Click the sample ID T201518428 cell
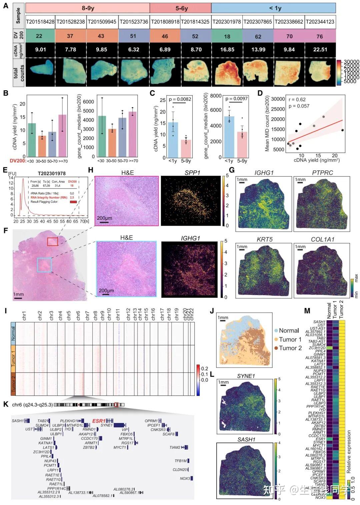coord(40,22)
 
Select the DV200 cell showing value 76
coord(320,36)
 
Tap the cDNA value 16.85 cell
coord(227,49)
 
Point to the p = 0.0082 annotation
coord(180,99)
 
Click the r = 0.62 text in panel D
coord(297,99)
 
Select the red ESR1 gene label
coord(99,421)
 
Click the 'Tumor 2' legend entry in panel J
coord(290,348)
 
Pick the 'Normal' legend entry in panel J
coord(288,330)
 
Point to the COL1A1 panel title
coord(322,239)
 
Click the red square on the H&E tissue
coord(52,241)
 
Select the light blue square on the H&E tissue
coord(44,265)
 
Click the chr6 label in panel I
coord(78,316)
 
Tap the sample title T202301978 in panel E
coord(51,173)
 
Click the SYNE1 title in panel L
coord(246,376)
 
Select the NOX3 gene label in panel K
coord(185,478)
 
